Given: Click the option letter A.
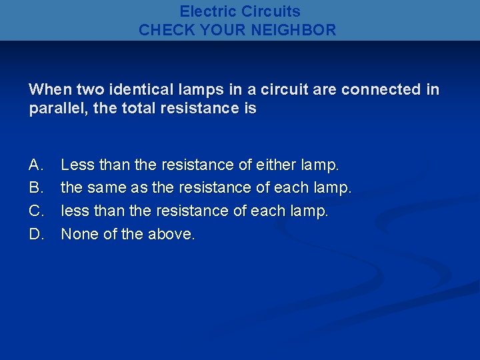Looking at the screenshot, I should pyautogui.click(x=36, y=165).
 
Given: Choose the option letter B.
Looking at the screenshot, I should pyautogui.click(x=36, y=188).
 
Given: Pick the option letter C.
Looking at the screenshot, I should pyautogui.click(x=36, y=211).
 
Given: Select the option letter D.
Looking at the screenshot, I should pyautogui.click(x=36, y=235).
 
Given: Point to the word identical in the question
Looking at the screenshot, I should pyautogui.click(x=133, y=89).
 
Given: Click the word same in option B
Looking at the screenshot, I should pyautogui.click(x=107, y=188).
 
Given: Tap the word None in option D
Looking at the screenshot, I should pyautogui.click(x=80, y=235).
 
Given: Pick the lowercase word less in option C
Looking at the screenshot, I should pyautogui.click(x=74, y=211).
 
